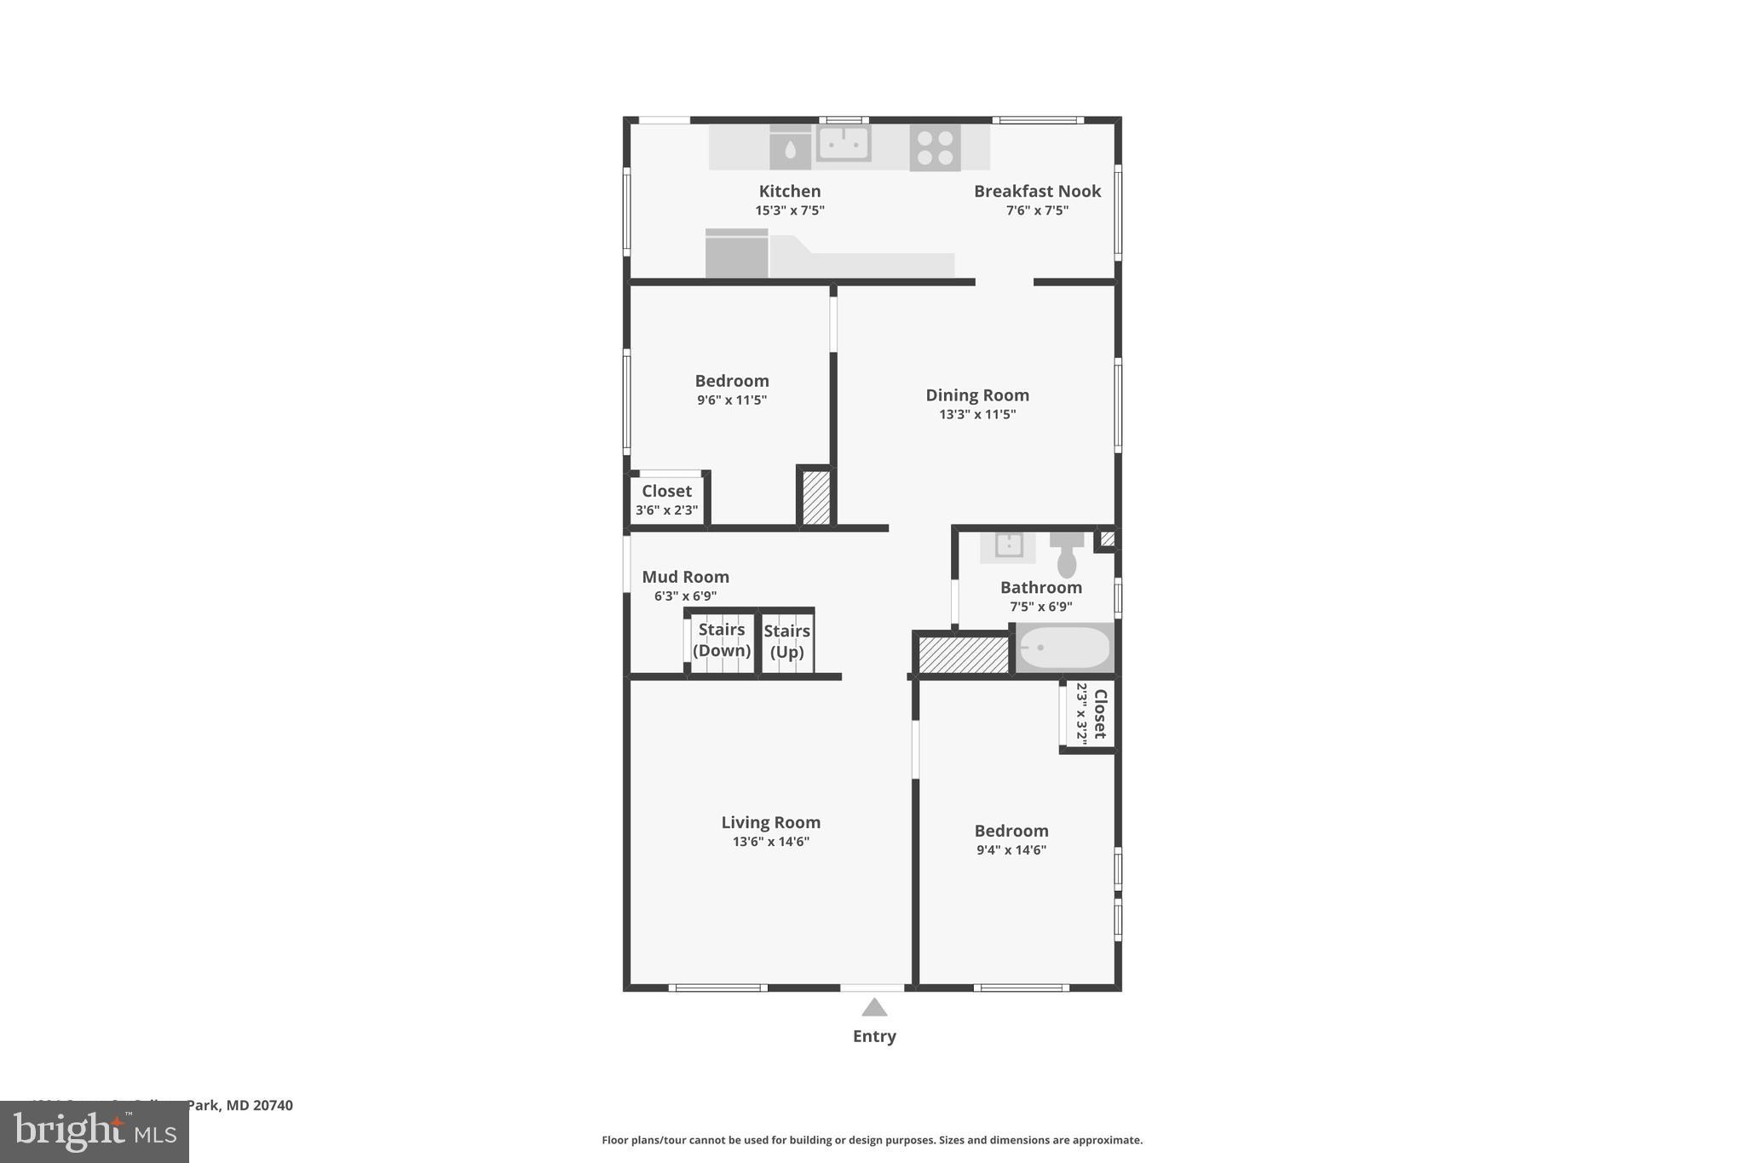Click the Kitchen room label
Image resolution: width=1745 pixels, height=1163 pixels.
tap(790, 191)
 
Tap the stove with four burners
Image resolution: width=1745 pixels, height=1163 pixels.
tap(935, 148)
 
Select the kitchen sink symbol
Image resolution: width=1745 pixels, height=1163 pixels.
tap(843, 143)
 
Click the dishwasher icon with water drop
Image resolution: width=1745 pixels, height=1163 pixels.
tap(790, 149)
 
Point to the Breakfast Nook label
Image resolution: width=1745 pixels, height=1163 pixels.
tap(1037, 191)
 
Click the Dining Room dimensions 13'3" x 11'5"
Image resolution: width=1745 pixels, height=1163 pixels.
tap(977, 415)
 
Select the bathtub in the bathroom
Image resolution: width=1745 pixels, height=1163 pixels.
tap(1065, 648)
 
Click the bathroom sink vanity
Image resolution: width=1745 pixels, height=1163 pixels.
tap(1008, 546)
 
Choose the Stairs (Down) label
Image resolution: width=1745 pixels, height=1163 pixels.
tap(722, 640)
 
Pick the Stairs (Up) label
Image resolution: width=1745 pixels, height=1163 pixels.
tap(786, 641)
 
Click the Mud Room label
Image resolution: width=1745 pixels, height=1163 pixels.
tap(685, 577)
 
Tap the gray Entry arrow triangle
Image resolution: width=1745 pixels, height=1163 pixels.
tap(874, 1008)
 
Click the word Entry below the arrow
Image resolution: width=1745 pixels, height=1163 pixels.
tap(874, 1036)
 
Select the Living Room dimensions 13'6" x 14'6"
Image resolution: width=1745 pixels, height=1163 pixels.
tap(770, 842)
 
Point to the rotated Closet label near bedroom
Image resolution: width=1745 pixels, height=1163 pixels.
tap(1099, 714)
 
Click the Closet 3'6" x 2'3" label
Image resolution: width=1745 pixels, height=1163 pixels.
tap(666, 500)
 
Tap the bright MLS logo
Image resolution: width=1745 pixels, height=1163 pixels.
tap(95, 1131)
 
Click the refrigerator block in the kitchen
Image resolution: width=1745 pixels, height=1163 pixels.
tap(736, 254)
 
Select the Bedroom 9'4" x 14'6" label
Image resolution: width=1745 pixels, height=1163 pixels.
tap(1011, 839)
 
